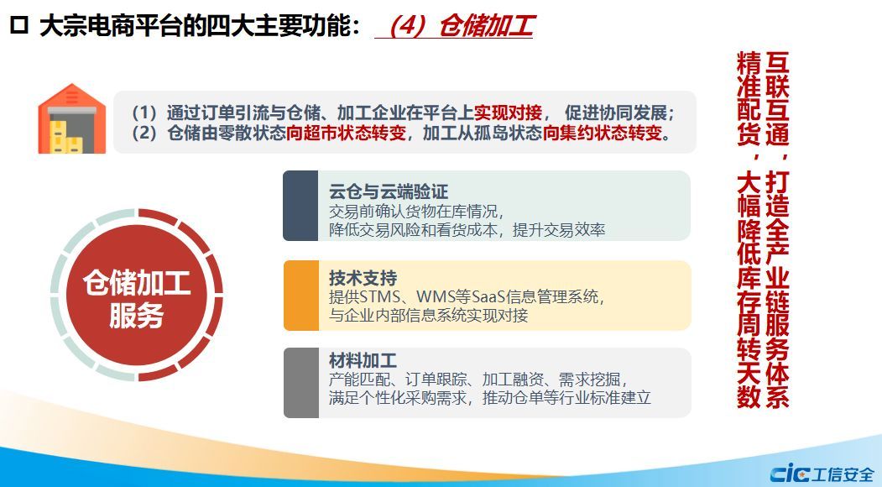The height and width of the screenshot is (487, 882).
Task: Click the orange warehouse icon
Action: (x=71, y=118)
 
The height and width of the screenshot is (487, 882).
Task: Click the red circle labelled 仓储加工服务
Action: (x=137, y=296)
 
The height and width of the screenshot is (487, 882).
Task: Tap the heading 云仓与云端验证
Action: (x=388, y=192)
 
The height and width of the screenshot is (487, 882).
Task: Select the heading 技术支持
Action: (x=363, y=278)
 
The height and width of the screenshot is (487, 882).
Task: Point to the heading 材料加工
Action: (x=363, y=360)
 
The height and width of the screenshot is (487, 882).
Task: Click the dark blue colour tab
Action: (x=300, y=206)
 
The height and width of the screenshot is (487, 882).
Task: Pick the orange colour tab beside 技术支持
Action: (x=301, y=296)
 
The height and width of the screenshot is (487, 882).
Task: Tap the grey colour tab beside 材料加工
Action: (x=301, y=383)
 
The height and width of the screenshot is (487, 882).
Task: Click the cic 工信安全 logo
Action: (x=822, y=474)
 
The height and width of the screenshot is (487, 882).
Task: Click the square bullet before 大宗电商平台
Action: (x=19, y=25)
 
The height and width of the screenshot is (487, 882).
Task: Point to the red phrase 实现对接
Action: (x=508, y=113)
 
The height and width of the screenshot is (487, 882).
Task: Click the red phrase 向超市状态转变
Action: (x=346, y=134)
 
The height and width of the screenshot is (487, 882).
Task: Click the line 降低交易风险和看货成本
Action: (x=467, y=230)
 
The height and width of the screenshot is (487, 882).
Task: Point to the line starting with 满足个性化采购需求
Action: (x=489, y=397)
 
